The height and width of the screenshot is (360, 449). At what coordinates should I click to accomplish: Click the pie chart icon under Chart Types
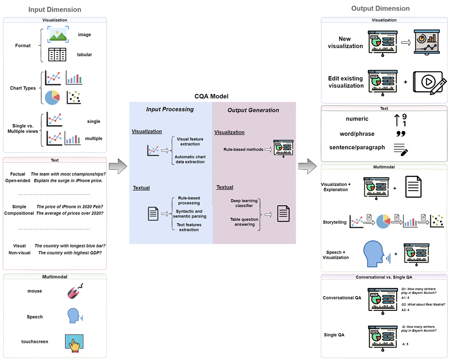point(52,97)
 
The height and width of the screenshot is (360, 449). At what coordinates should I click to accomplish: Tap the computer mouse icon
point(75,291)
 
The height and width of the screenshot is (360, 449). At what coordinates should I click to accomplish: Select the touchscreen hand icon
point(75,342)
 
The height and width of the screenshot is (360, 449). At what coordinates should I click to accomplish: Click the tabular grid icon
point(57,55)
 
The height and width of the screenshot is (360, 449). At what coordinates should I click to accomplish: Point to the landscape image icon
point(59,34)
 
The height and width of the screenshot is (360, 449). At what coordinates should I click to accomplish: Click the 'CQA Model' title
point(212,96)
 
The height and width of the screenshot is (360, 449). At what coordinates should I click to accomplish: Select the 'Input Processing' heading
point(170,110)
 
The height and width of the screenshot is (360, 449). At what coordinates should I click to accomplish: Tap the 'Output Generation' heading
point(253,110)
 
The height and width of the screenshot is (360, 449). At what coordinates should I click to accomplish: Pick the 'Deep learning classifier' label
point(242,203)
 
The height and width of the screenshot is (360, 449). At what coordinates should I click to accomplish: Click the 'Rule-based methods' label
point(243,149)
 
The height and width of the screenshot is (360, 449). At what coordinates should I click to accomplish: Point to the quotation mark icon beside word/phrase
point(401,134)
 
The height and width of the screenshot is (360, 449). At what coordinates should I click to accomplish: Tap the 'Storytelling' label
point(334,222)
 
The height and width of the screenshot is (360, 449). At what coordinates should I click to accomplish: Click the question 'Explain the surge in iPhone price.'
point(67,181)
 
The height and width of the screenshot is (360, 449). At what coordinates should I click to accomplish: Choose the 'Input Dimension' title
point(55,9)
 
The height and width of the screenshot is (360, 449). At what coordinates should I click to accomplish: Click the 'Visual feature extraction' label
point(190,142)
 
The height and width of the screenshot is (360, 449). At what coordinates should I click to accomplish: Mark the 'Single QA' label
point(335,335)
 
